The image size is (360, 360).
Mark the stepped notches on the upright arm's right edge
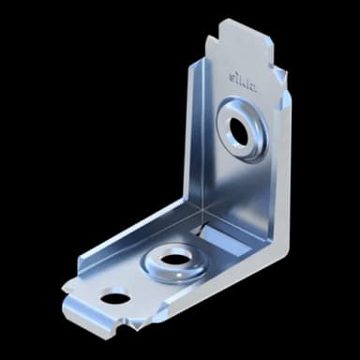coord(281,84)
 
